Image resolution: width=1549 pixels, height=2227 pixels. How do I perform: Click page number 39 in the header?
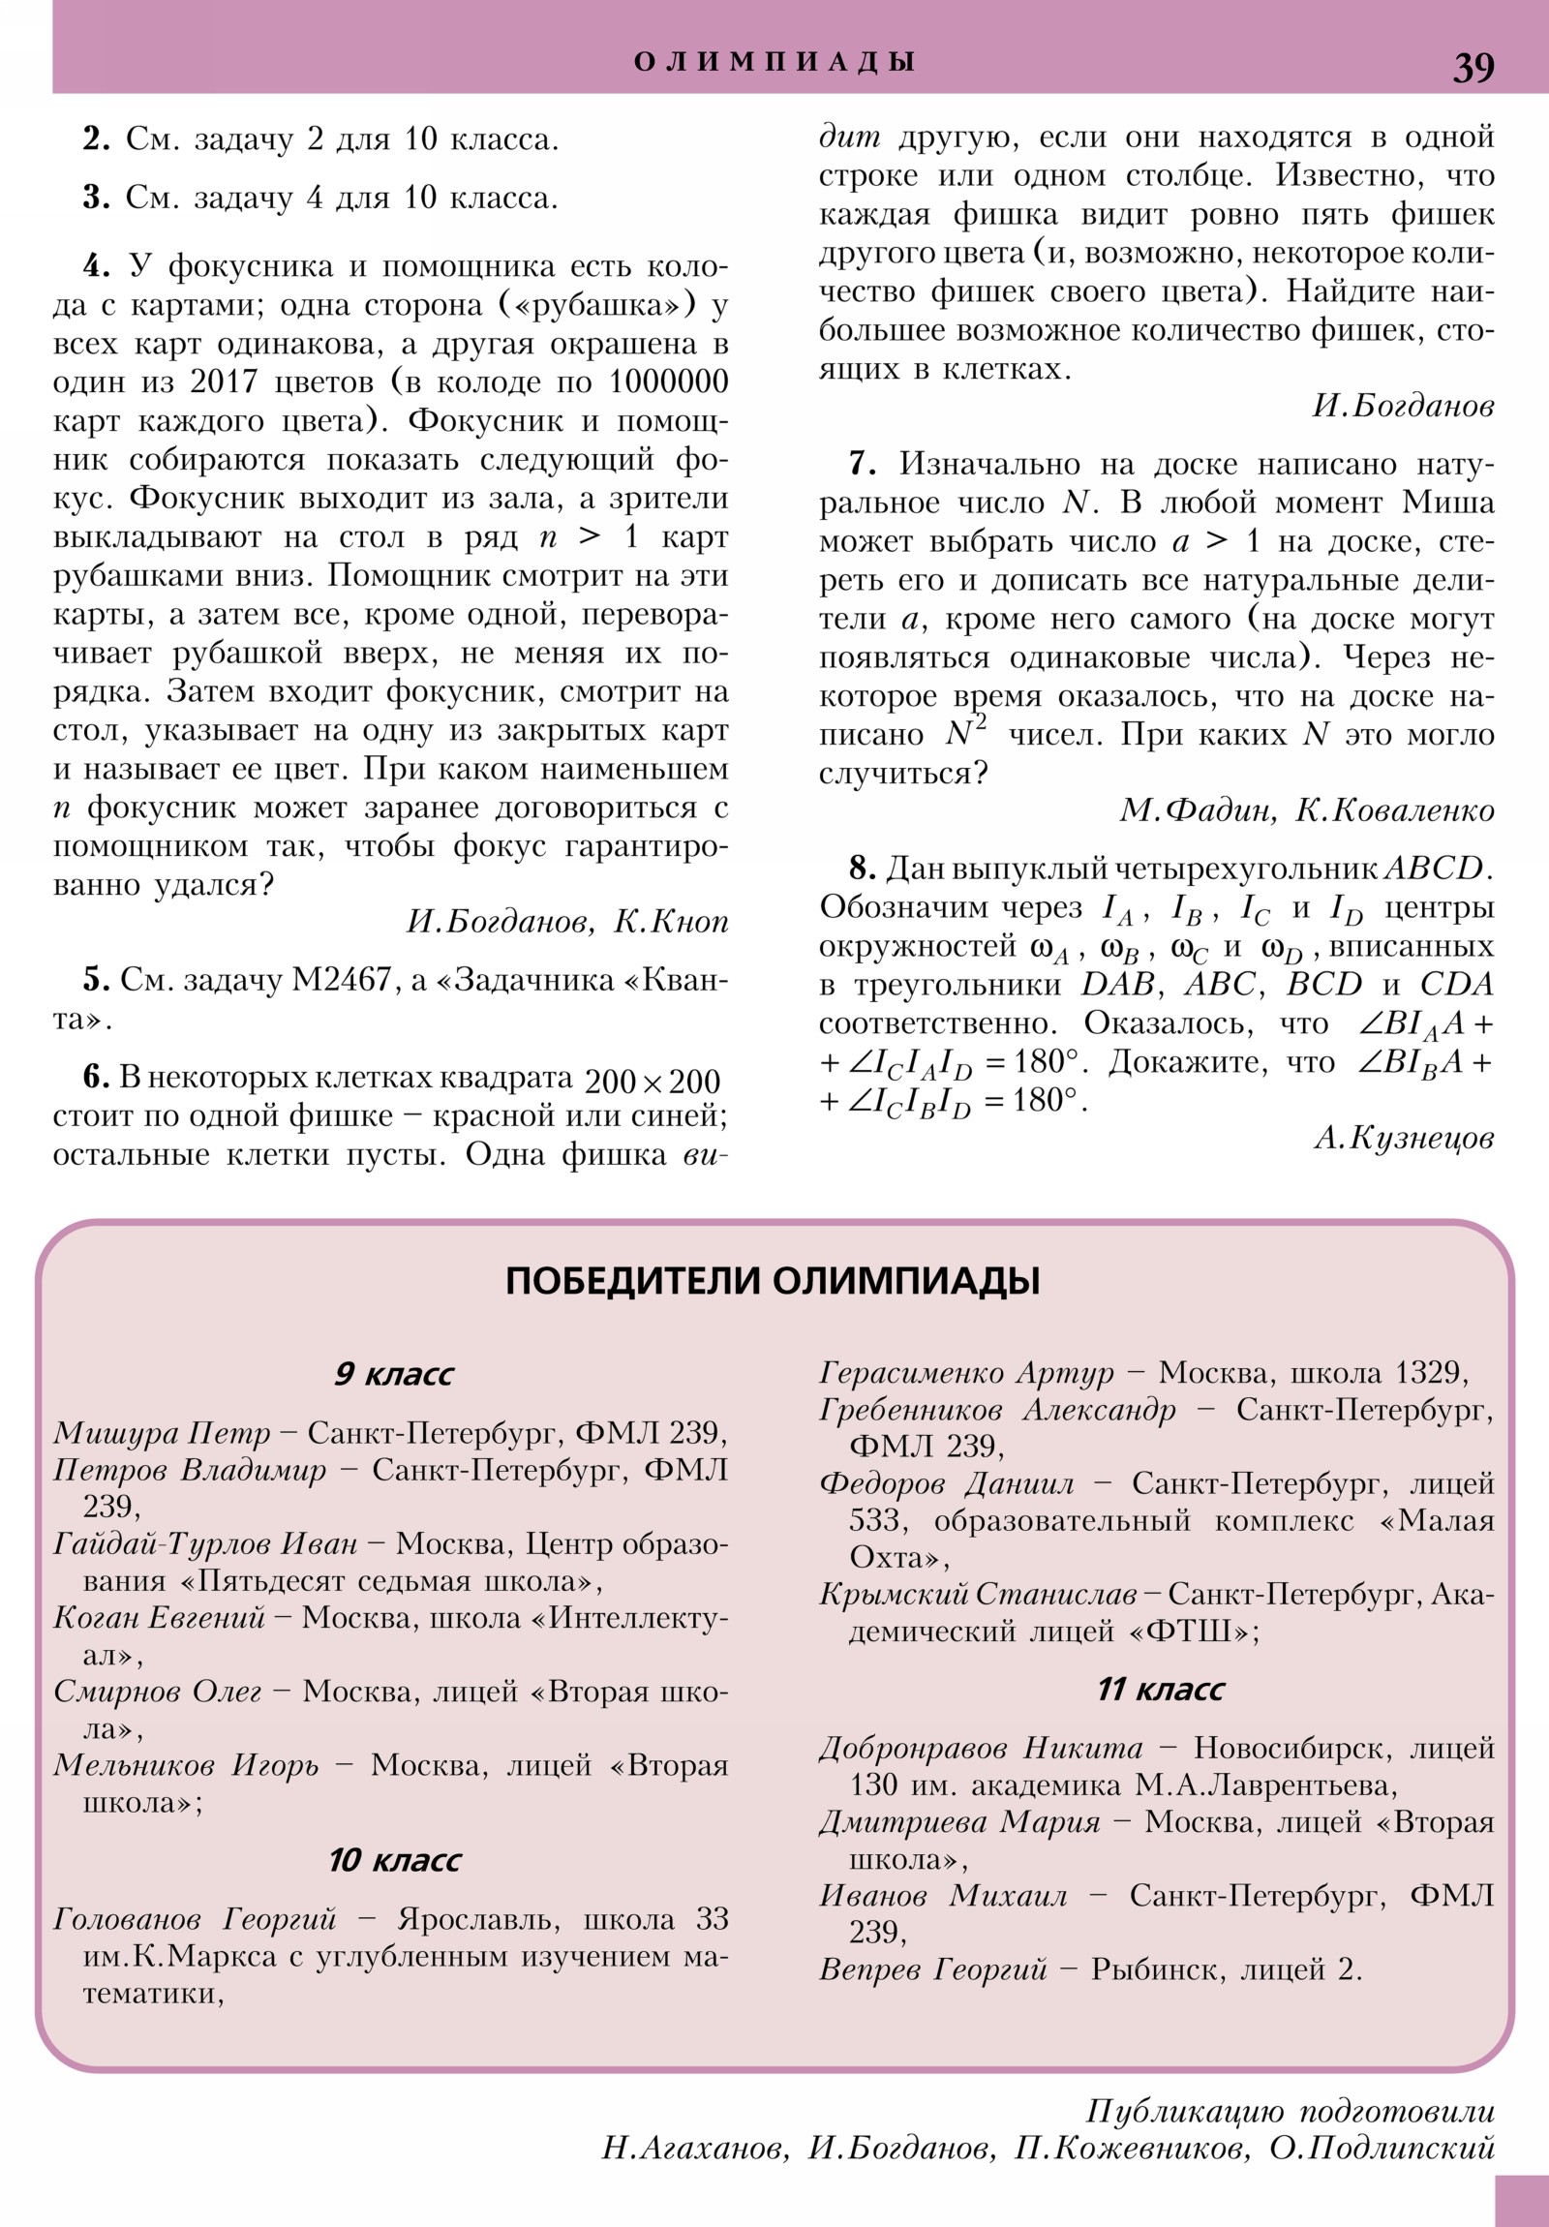coord(1473,68)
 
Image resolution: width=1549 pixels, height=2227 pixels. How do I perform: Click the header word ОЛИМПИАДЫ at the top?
coord(774,62)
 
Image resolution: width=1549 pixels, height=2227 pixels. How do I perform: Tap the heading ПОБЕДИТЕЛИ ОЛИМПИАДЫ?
coord(773,1281)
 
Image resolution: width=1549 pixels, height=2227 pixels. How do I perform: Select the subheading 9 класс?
coord(393,1374)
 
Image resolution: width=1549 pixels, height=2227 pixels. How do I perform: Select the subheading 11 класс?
coord(1160,1689)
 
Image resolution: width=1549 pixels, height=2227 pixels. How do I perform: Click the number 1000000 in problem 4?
coord(667,382)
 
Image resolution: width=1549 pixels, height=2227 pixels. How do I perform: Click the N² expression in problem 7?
coord(965,733)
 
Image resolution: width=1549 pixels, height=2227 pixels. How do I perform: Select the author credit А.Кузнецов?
coord(1404,1138)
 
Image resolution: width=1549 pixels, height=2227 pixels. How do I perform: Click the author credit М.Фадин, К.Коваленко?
coord(1307,809)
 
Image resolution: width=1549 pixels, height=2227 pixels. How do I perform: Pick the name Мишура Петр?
coord(162,1433)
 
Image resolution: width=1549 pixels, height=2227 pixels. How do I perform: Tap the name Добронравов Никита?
coord(981,1748)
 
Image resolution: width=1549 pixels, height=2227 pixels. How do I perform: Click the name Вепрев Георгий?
coord(933,1969)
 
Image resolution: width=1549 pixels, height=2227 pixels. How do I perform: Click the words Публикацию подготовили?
coord(1289,2111)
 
